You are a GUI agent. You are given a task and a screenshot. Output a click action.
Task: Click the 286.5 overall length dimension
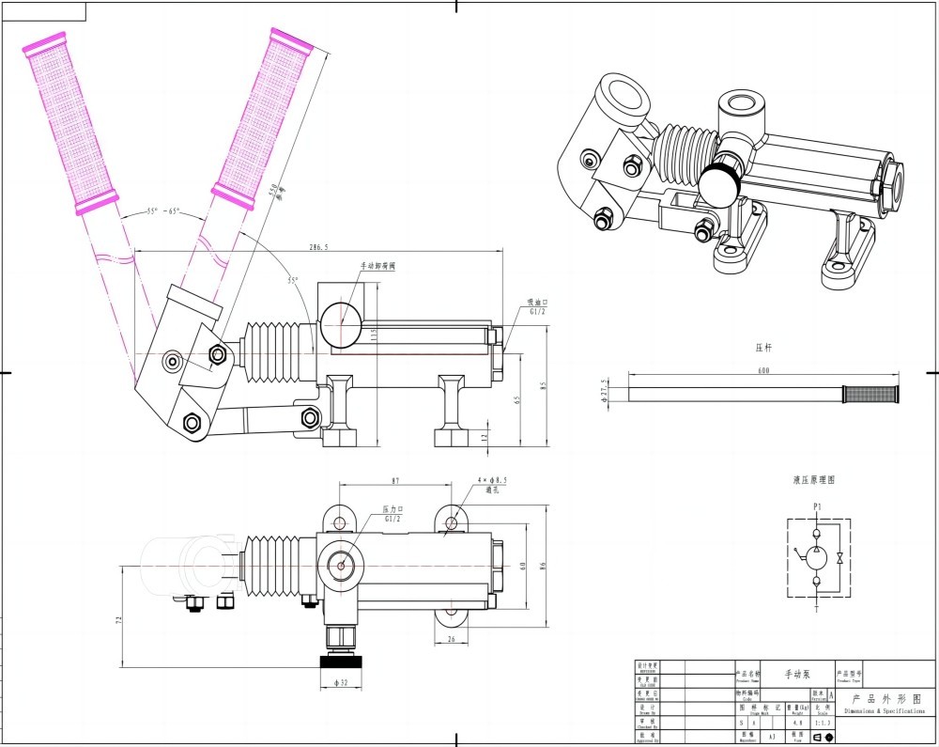coord(317,247)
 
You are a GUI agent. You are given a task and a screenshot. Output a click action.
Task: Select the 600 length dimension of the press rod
coord(763,371)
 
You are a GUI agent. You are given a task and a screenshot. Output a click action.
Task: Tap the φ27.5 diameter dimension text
coord(606,388)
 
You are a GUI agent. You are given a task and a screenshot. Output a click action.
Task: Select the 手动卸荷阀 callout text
coord(377,267)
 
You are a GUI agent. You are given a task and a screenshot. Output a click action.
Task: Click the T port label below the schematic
coord(817,608)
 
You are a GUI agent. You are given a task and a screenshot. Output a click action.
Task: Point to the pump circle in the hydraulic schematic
coord(817,557)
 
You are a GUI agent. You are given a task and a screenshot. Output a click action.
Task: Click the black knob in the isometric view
coord(720,184)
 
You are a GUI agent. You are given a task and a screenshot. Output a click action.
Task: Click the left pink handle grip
coord(70,122)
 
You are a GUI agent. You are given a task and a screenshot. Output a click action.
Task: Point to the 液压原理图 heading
coord(813,479)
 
